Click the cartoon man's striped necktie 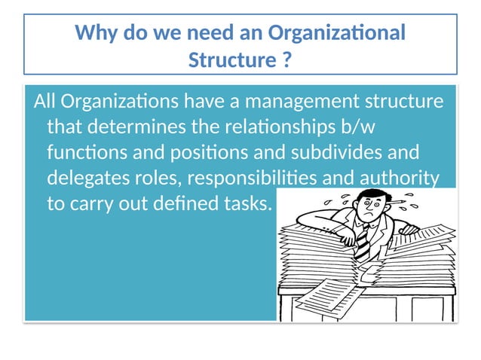tap(363, 242)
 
